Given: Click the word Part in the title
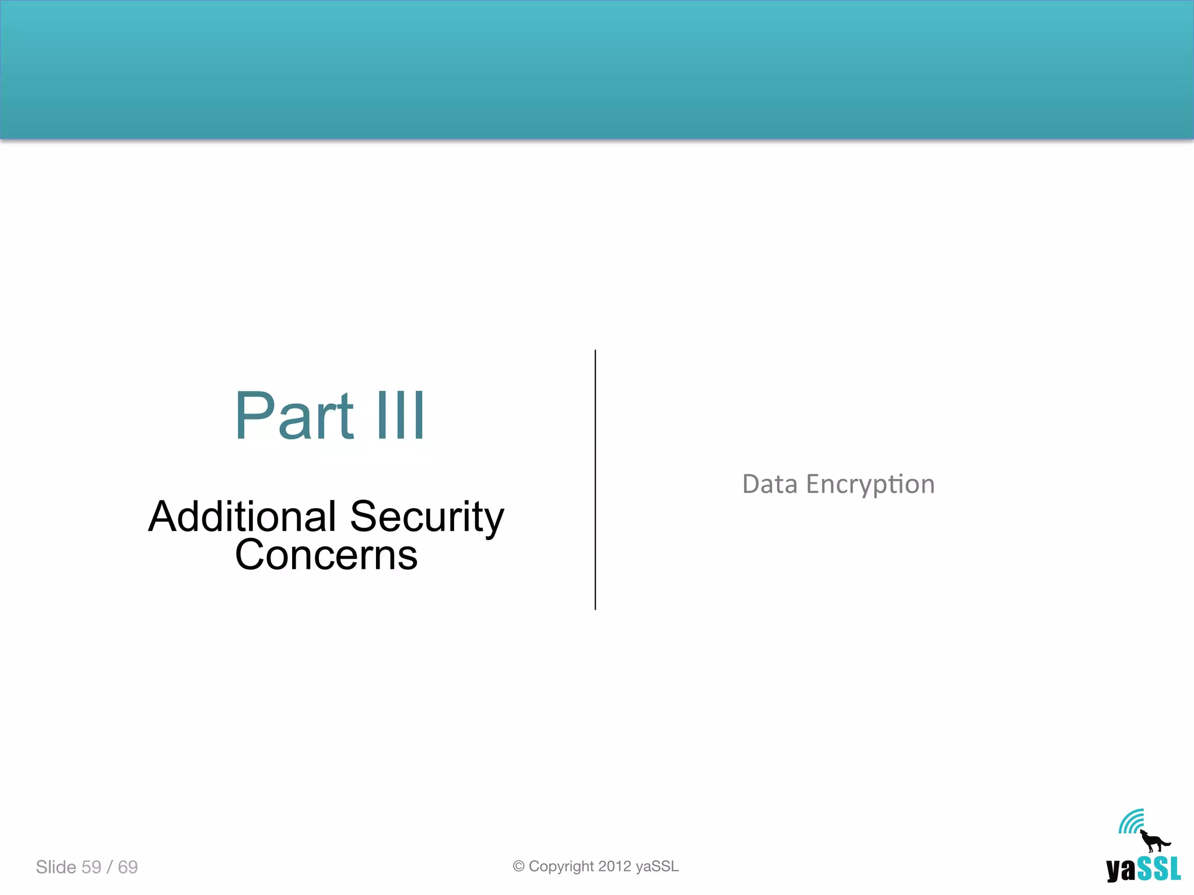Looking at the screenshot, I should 294,415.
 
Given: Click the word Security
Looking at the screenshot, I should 427,517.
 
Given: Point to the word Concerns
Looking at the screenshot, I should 326,555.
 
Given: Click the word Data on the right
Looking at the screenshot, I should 770,484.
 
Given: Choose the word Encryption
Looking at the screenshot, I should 870,485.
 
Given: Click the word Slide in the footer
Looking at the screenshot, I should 56,867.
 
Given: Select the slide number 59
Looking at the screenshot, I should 92,867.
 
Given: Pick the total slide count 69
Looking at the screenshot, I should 128,867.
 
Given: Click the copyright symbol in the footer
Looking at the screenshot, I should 518,866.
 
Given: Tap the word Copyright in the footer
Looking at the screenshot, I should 561,866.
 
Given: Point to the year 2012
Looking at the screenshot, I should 614,866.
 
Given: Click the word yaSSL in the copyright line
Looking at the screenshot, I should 657,866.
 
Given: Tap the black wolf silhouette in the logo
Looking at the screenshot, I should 1153,841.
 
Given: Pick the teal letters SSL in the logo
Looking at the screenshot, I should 1158,869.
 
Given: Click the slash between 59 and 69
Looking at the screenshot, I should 110,867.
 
